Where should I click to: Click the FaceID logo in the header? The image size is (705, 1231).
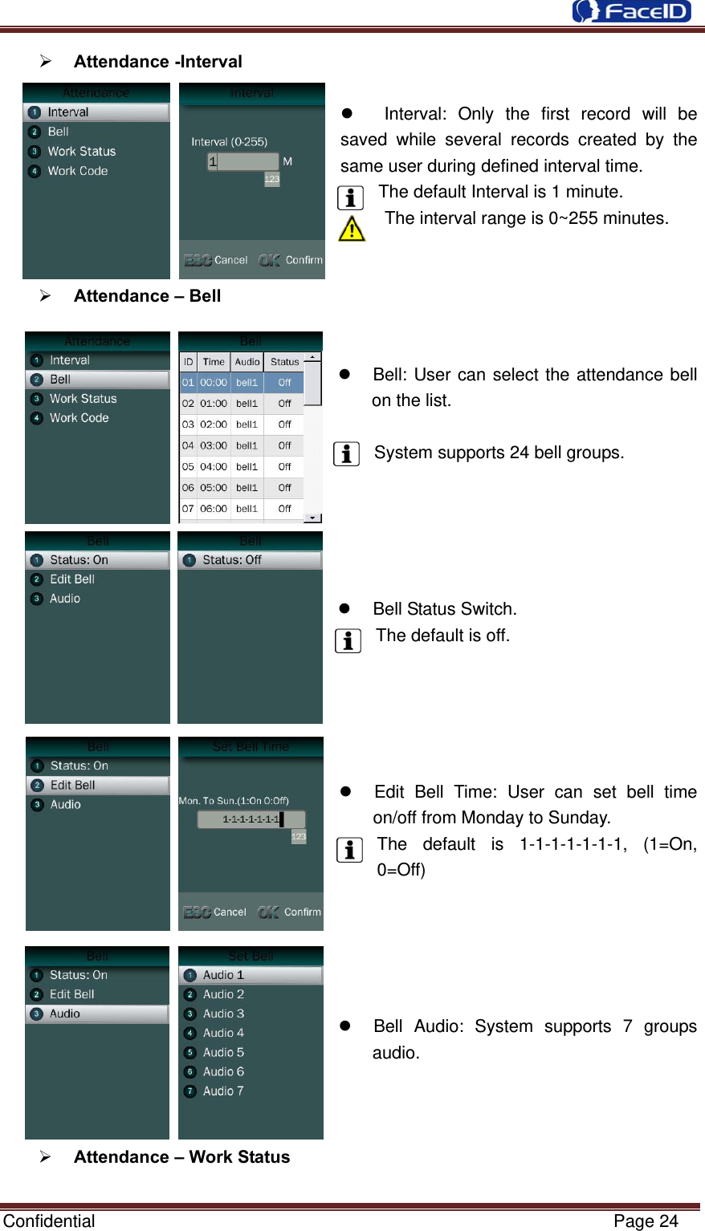pyautogui.click(x=631, y=11)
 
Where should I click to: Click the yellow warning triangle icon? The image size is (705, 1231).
pyautogui.click(x=352, y=229)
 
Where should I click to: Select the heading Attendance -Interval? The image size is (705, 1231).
pyautogui.click(x=157, y=62)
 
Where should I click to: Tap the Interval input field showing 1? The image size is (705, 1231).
pyautogui.click(x=243, y=161)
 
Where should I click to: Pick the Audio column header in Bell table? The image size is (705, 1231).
pyautogui.click(x=247, y=362)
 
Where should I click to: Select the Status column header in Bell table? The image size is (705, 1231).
pyautogui.click(x=284, y=362)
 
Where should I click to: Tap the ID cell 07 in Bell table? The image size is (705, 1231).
pyautogui.click(x=188, y=508)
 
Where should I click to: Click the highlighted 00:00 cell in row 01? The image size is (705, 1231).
pyautogui.click(x=214, y=383)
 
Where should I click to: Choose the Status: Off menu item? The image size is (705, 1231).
pyautogui.click(x=232, y=560)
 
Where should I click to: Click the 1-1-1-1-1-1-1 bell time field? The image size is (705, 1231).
pyautogui.click(x=251, y=819)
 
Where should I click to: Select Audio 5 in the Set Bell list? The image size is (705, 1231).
pyautogui.click(x=223, y=1052)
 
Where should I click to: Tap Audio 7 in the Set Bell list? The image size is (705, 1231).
pyautogui.click(x=223, y=1091)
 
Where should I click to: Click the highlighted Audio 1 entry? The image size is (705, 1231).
pyautogui.click(x=223, y=975)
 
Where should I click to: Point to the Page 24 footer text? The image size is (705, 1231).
pyautogui.click(x=646, y=1221)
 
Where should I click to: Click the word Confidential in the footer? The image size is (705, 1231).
pyautogui.click(x=49, y=1221)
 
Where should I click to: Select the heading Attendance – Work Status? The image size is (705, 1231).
pyautogui.click(x=181, y=1156)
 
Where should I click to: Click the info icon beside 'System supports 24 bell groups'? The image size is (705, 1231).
pyautogui.click(x=346, y=453)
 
